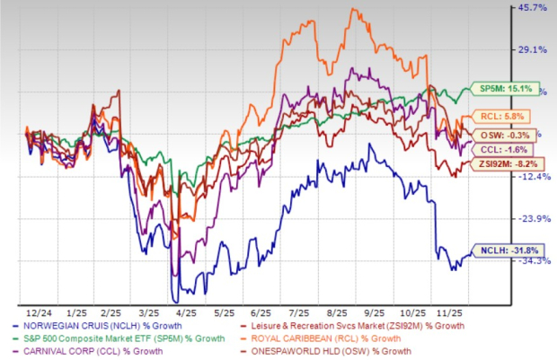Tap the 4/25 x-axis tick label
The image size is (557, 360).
pyautogui.click(x=190, y=304)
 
